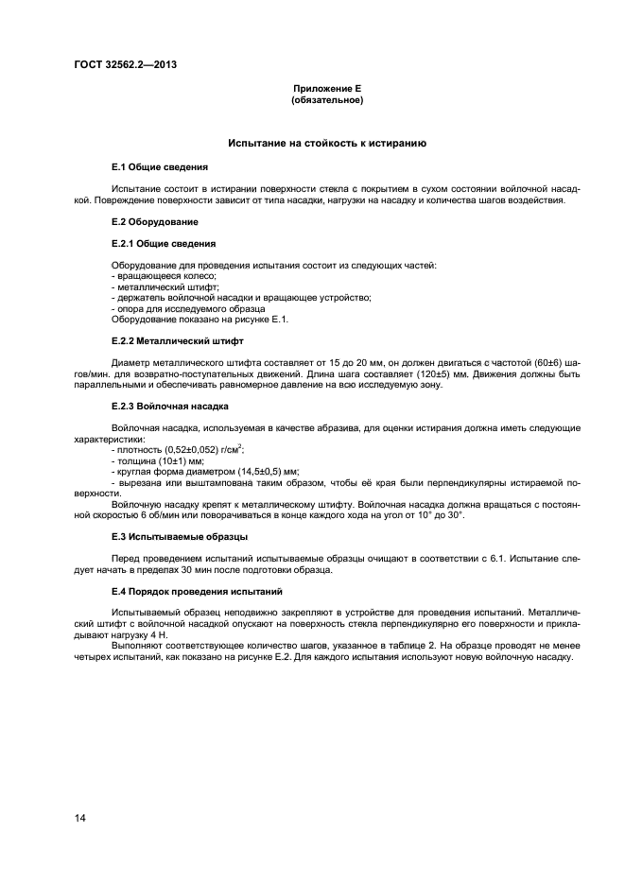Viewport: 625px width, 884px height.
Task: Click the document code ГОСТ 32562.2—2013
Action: pyautogui.click(x=125, y=64)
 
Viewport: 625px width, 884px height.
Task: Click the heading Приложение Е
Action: pyautogui.click(x=327, y=88)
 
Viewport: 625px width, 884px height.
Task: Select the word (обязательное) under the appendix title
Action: pyautogui.click(x=327, y=99)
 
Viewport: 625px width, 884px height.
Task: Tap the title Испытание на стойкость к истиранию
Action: pyautogui.click(x=327, y=143)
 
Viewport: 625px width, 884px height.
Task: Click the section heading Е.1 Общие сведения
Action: pyautogui.click(x=160, y=166)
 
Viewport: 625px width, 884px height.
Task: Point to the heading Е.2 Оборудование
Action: pyautogui.click(x=155, y=221)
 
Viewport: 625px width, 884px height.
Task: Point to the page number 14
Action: pyautogui.click(x=79, y=818)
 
